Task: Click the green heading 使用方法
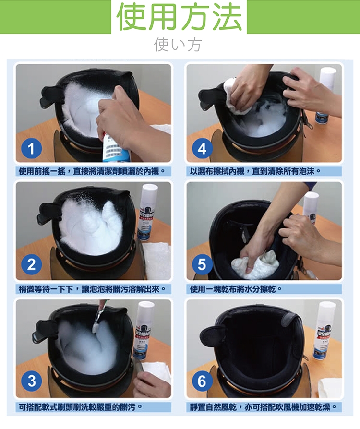179,16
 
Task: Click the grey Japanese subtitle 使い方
178,45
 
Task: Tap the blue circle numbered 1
31,149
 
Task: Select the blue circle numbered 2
31,264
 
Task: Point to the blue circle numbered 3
32,381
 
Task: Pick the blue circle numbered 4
202,149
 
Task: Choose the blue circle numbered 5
202,264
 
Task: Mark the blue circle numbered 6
202,381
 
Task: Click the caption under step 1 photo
92,171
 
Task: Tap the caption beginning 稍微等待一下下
92,289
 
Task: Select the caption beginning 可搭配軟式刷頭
80,407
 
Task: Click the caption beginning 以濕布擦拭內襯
255,171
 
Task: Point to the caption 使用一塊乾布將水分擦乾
235,289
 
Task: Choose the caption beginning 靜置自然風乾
263,407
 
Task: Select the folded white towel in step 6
331,388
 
